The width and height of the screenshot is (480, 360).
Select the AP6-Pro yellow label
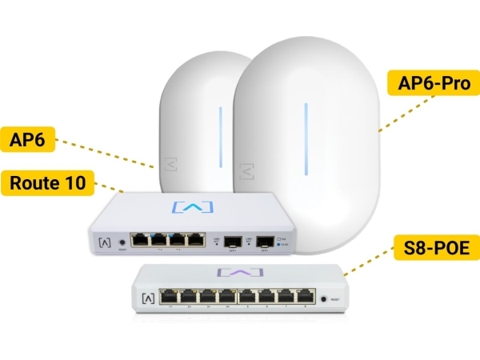[433, 82]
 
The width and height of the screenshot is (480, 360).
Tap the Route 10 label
[50, 182]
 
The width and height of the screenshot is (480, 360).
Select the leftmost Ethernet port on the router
[141, 238]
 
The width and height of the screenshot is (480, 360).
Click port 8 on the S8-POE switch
[304, 298]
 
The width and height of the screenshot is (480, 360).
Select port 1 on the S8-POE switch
[170, 298]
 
